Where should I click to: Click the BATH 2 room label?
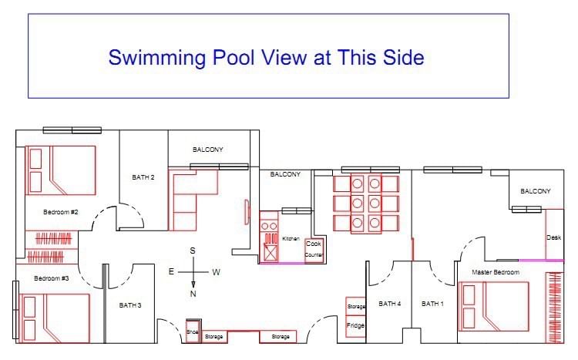click(x=143, y=177)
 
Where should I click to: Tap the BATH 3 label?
click(x=130, y=305)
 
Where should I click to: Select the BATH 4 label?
click(x=390, y=304)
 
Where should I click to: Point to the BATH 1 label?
click(x=432, y=304)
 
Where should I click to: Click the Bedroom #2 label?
click(x=60, y=212)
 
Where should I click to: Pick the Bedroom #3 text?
click(x=51, y=278)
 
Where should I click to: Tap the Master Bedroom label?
click(x=496, y=272)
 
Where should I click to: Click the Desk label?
click(x=553, y=237)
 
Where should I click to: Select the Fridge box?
click(x=355, y=326)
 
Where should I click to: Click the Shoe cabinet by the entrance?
click(x=193, y=331)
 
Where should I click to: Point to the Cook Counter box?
click(x=314, y=250)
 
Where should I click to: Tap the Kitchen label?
click(x=291, y=239)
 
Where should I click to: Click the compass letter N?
click(x=193, y=294)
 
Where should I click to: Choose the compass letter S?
click(x=193, y=251)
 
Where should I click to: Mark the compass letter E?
click(x=171, y=272)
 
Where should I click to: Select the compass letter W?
click(x=216, y=272)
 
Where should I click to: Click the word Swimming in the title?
click(x=156, y=59)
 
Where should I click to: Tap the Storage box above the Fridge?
click(x=355, y=306)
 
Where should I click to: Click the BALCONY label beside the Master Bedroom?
click(x=536, y=191)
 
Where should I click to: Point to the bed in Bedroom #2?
click(x=60, y=170)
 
